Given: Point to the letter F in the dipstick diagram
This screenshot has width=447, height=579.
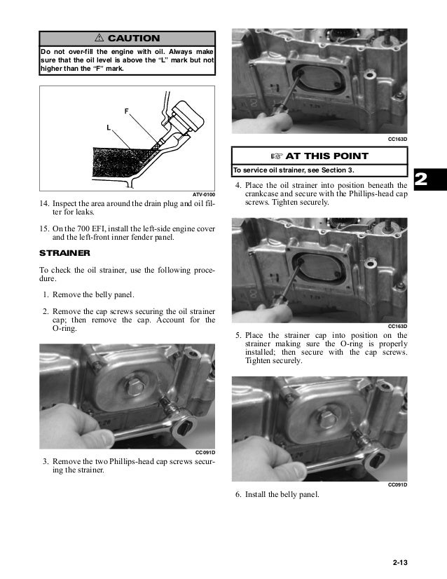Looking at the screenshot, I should pyautogui.click(x=126, y=111).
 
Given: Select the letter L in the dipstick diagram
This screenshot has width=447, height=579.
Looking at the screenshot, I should pyautogui.click(x=109, y=128).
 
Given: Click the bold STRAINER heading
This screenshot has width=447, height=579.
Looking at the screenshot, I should pyautogui.click(x=63, y=254).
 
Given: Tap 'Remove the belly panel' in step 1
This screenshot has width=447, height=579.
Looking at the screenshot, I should pyautogui.click(x=92, y=296).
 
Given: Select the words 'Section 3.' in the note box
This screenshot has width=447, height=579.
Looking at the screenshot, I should pyautogui.click(x=337, y=170).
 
